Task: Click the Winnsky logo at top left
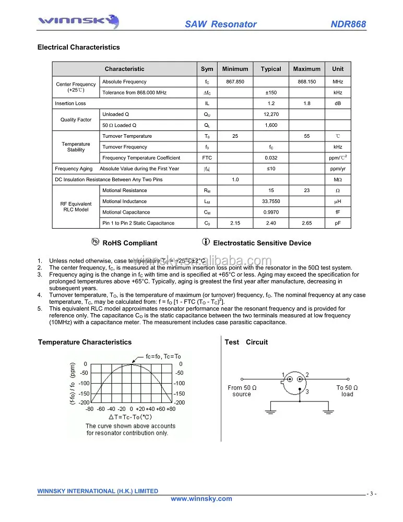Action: click(78, 21)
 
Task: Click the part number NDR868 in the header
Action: click(348, 25)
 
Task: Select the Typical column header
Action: click(271, 69)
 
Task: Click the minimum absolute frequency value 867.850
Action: click(235, 82)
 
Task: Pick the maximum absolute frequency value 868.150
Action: click(306, 82)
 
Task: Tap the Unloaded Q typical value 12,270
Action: click(271, 114)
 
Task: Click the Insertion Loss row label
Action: click(70, 103)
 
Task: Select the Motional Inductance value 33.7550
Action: click(271, 201)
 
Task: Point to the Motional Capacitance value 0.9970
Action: click(271, 212)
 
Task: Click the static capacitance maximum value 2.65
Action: click(306, 223)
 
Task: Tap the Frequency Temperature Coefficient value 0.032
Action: click(271, 158)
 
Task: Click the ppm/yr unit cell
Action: click(338, 169)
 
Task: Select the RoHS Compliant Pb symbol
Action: click(95, 242)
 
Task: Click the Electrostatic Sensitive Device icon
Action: click(206, 242)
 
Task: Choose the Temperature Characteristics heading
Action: click(85, 342)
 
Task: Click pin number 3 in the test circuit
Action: click(307, 391)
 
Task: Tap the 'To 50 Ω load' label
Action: click(347, 391)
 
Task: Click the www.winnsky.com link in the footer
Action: click(201, 499)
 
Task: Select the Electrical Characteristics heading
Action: click(78, 48)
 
